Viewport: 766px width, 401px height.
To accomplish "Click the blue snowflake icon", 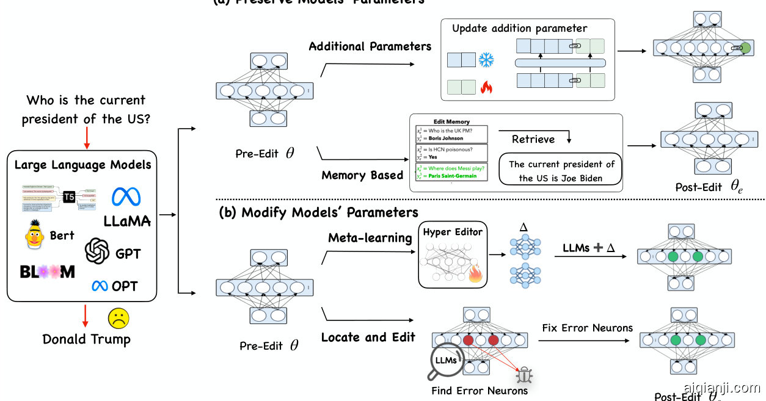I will click(486, 60).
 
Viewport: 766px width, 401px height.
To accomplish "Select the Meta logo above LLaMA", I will click(126, 196).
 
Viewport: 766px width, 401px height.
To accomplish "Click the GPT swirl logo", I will click(97, 250).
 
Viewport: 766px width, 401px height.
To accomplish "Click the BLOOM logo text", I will click(47, 272).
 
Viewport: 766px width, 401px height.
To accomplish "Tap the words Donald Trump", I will click(86, 339).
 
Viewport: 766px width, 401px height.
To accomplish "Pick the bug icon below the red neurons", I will click(525, 374).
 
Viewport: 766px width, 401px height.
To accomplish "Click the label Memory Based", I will click(362, 176).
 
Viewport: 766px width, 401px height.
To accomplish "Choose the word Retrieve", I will click(533, 139).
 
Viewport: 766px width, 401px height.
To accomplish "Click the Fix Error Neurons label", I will click(587, 328).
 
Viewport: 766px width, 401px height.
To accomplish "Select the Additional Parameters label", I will click(370, 46).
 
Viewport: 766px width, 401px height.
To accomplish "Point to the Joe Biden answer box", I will click(561, 171).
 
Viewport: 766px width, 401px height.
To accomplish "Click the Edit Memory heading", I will click(451, 122).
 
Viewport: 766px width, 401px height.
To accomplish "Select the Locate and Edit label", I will click(368, 337).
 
